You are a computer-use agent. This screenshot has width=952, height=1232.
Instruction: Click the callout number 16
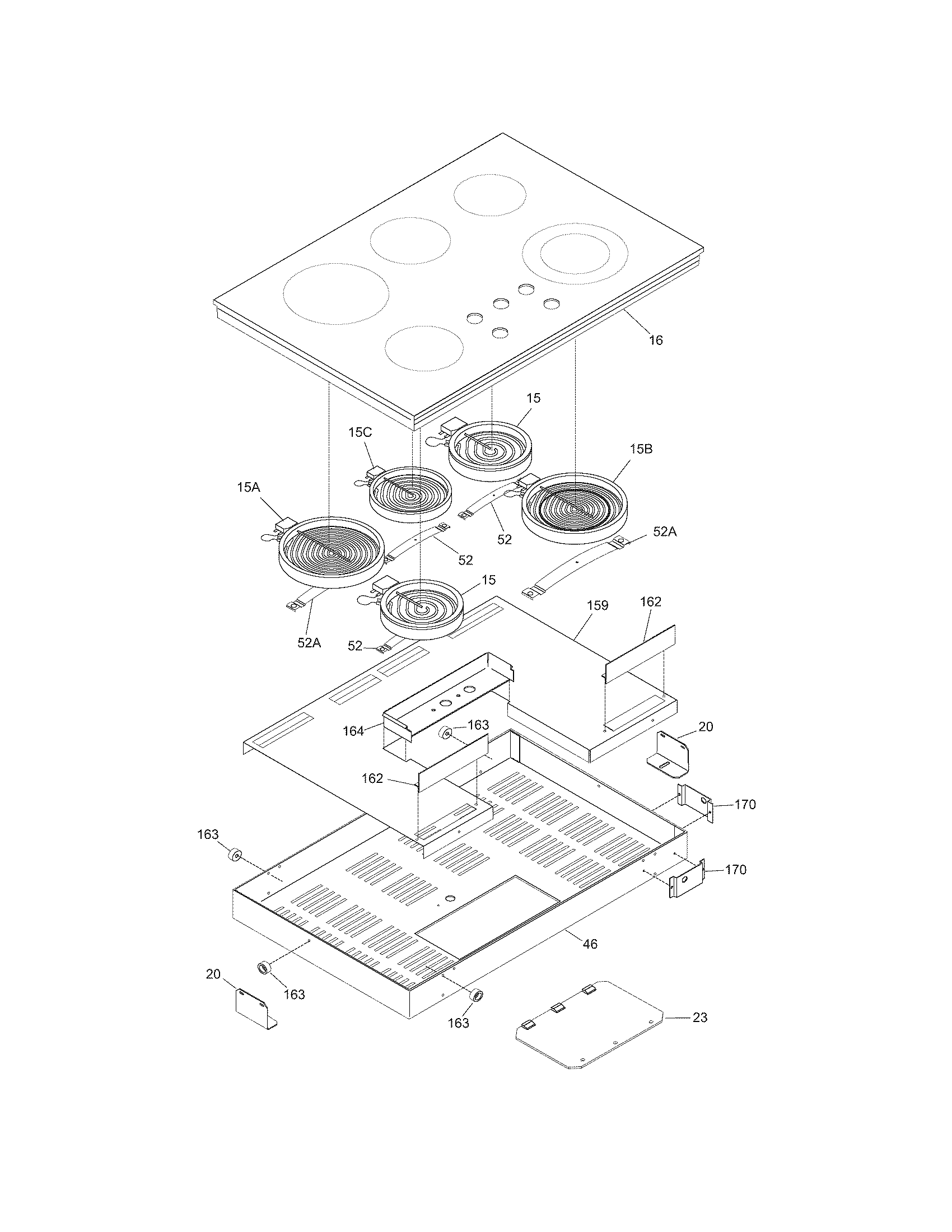[656, 340]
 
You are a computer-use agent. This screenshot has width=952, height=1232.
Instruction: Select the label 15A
[248, 487]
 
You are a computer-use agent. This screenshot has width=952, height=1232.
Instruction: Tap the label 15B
[641, 449]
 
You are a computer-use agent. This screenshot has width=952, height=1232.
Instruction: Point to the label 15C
[360, 432]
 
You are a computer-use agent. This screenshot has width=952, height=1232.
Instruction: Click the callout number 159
[598, 605]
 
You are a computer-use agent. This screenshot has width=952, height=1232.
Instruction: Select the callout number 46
[589, 944]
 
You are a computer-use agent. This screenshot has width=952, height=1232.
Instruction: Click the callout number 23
[699, 1018]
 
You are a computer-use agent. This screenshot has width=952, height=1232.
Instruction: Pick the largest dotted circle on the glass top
[336, 293]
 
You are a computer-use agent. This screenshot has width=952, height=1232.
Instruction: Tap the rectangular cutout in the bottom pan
[488, 907]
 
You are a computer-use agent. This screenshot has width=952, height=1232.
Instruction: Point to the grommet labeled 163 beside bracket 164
[446, 734]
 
